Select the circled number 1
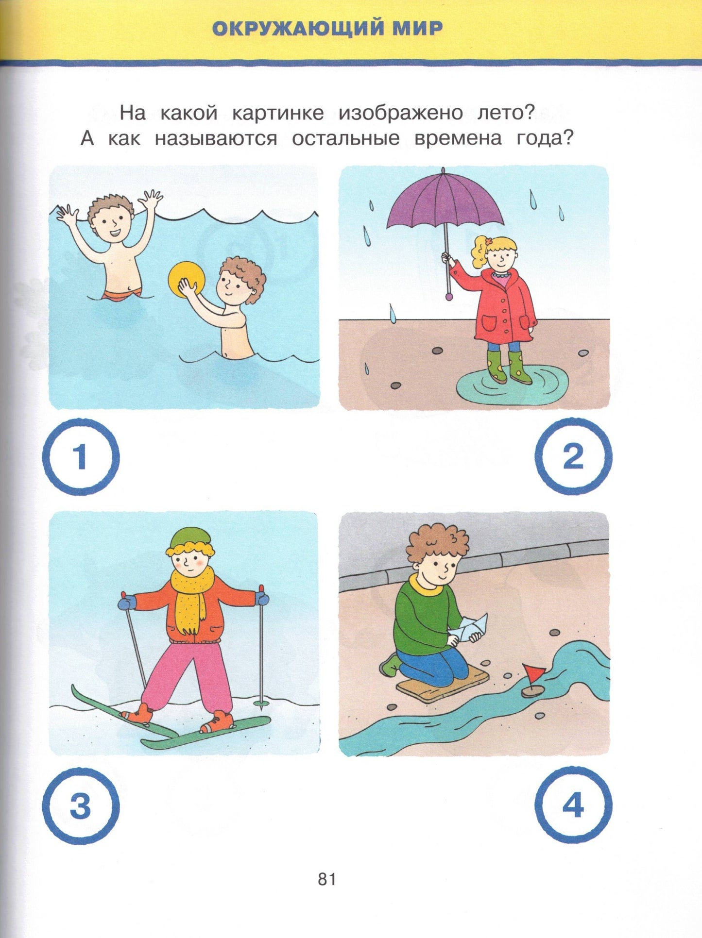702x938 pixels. [81, 457]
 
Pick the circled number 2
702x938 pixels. [573, 457]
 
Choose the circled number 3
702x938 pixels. [81, 806]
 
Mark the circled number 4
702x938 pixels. [573, 806]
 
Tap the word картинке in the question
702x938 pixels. [278, 114]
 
